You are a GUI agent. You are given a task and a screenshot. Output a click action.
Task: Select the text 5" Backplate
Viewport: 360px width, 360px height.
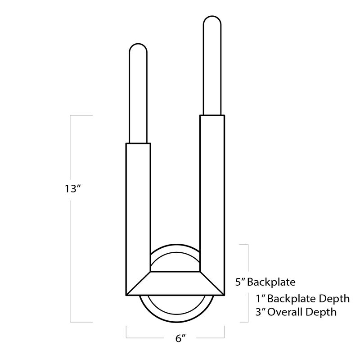[265, 283]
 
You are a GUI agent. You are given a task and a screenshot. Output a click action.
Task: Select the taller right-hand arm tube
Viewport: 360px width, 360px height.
[212, 189]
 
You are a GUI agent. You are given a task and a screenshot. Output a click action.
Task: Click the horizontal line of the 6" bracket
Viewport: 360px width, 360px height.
[175, 337]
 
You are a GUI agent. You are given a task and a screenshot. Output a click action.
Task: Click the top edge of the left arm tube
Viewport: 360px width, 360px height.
[138, 144]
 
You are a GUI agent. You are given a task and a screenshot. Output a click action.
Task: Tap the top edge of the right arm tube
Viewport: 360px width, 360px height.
[212, 115]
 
